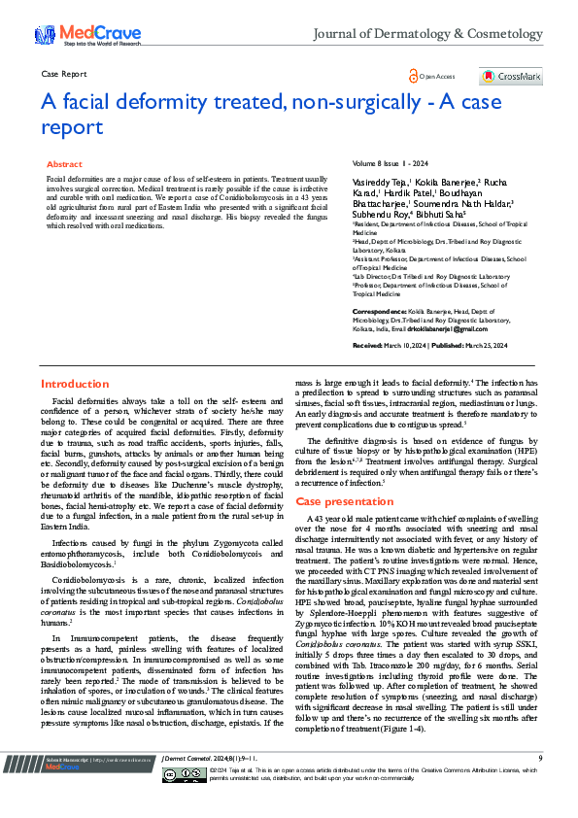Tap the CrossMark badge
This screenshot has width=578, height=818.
(503, 76)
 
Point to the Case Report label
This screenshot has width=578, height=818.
(65, 74)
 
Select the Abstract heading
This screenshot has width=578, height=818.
(64, 165)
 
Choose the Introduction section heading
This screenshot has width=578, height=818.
(75, 385)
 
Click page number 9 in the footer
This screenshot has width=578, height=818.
(540, 783)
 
